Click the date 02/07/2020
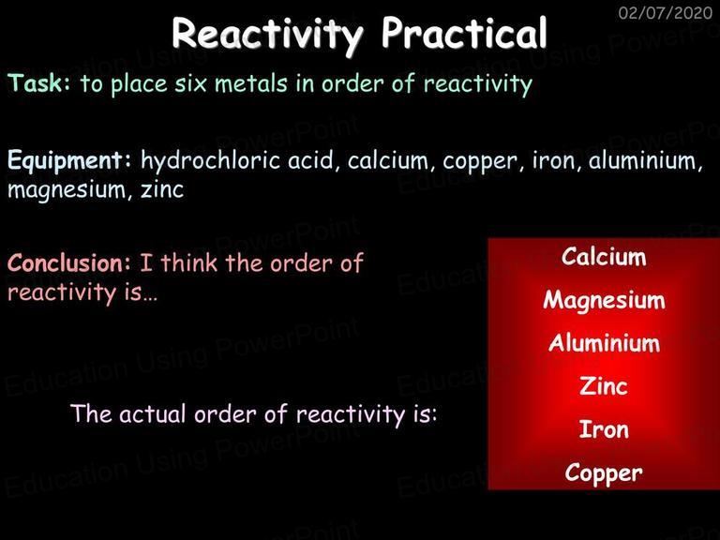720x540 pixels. [666, 12]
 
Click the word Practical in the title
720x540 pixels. [464, 33]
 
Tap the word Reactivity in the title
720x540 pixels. [268, 36]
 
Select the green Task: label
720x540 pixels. [39, 82]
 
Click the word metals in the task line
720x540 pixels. [251, 83]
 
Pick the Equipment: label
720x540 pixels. [69, 161]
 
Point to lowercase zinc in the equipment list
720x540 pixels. [162, 188]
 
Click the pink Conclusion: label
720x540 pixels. [69, 263]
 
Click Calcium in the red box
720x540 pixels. [604, 256]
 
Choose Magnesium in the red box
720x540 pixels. [604, 301]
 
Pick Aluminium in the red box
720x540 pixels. [604, 342]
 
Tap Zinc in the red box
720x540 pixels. [604, 385]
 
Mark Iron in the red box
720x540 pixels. [604, 429]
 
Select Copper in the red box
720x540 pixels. [604, 473]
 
